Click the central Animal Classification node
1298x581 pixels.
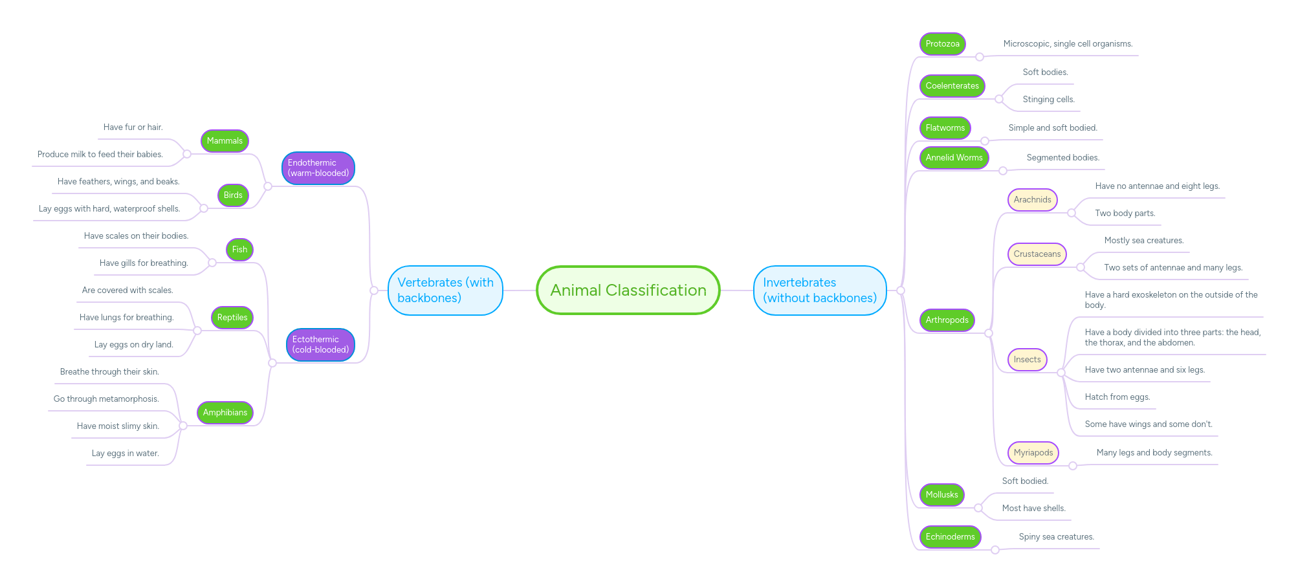click(x=628, y=290)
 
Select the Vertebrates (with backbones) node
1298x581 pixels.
click(x=445, y=290)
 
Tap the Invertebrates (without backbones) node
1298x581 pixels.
click(x=819, y=290)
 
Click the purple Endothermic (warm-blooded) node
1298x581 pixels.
click(x=318, y=168)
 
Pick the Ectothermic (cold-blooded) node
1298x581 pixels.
click(x=320, y=345)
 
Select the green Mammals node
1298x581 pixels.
click(x=225, y=141)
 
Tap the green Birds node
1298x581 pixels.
click(x=233, y=195)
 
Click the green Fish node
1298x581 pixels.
click(x=239, y=250)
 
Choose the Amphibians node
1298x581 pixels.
click(x=225, y=413)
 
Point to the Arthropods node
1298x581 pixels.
click(x=947, y=320)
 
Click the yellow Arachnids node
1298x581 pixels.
click(x=1032, y=200)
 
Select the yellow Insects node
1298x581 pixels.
click(x=1027, y=360)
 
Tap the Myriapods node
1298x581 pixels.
click(x=1033, y=453)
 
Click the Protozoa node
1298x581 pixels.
click(x=942, y=44)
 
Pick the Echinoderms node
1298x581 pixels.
click(x=950, y=537)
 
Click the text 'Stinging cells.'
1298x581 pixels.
click(x=1048, y=100)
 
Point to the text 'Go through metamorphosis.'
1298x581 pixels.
click(x=106, y=399)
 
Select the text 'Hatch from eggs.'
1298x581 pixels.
click(x=1117, y=397)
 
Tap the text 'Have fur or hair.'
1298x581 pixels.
click(x=133, y=127)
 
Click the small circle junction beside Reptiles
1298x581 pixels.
click(x=197, y=331)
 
